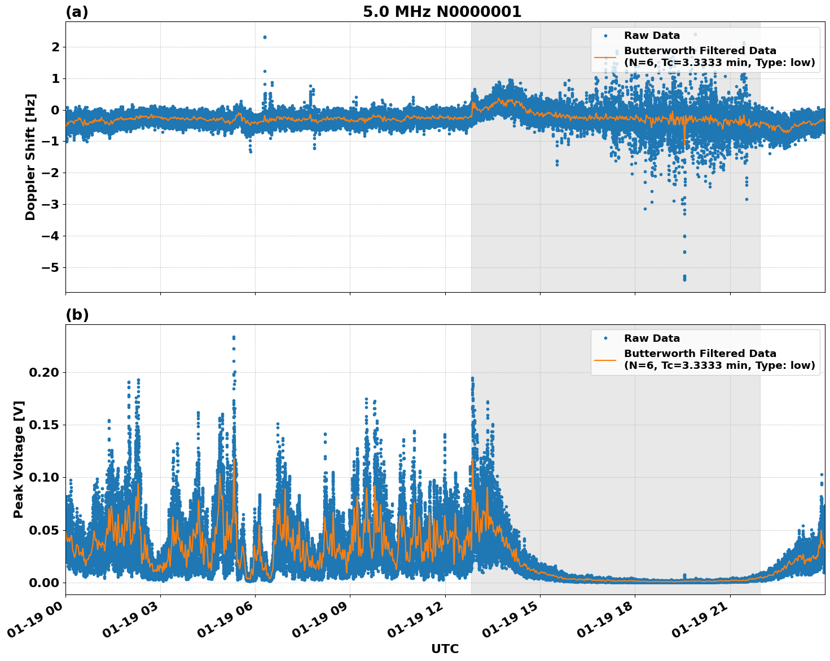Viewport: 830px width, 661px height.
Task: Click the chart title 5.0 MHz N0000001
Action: click(442, 12)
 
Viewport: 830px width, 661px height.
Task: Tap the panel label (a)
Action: click(77, 12)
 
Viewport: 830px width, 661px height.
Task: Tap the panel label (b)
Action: click(77, 315)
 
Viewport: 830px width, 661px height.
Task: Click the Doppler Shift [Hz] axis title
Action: click(30, 157)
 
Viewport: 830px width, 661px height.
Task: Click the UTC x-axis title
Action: click(445, 649)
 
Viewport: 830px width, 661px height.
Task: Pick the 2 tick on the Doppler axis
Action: click(55, 47)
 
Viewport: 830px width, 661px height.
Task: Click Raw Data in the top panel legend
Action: click(652, 36)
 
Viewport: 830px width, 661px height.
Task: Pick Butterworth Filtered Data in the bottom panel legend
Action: click(700, 354)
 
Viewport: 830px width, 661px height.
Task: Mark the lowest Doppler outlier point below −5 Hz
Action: click(684, 279)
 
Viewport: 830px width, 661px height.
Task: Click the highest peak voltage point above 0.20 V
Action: click(234, 337)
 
